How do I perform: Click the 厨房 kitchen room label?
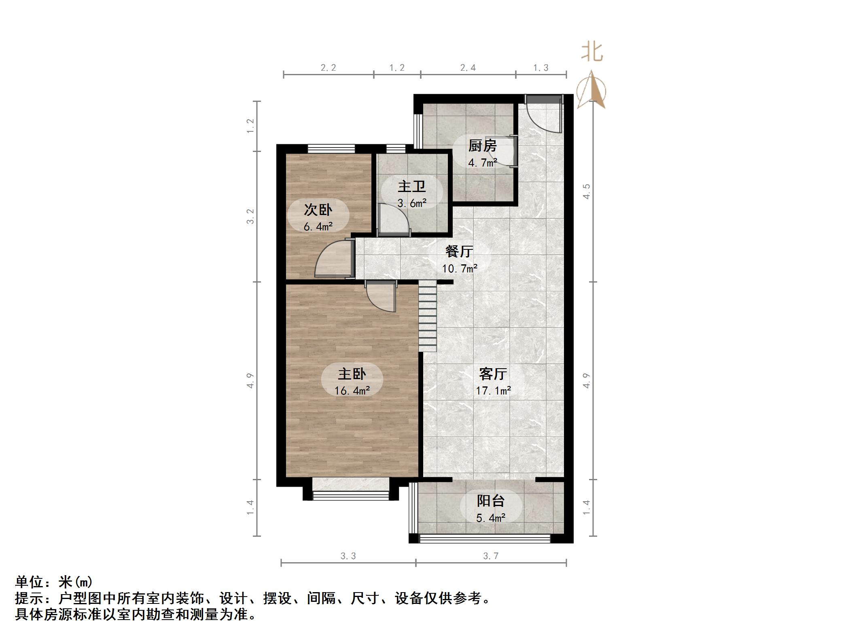click(482, 146)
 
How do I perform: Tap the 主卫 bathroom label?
click(411, 187)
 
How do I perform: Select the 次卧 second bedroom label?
click(318, 210)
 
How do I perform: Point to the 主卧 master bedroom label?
click(352, 374)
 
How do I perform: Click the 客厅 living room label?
click(493, 374)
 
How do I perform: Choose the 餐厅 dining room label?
click(459, 251)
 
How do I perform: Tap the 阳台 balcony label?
click(490, 501)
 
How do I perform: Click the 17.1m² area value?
click(493, 391)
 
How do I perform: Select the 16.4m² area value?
click(352, 391)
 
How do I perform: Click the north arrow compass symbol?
click(591, 90)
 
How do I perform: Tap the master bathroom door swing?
click(393, 219)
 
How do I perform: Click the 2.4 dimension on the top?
click(468, 68)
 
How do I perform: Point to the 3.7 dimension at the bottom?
click(490, 556)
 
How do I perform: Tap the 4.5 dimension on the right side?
click(587, 191)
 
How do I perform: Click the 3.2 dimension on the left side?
click(251, 216)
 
